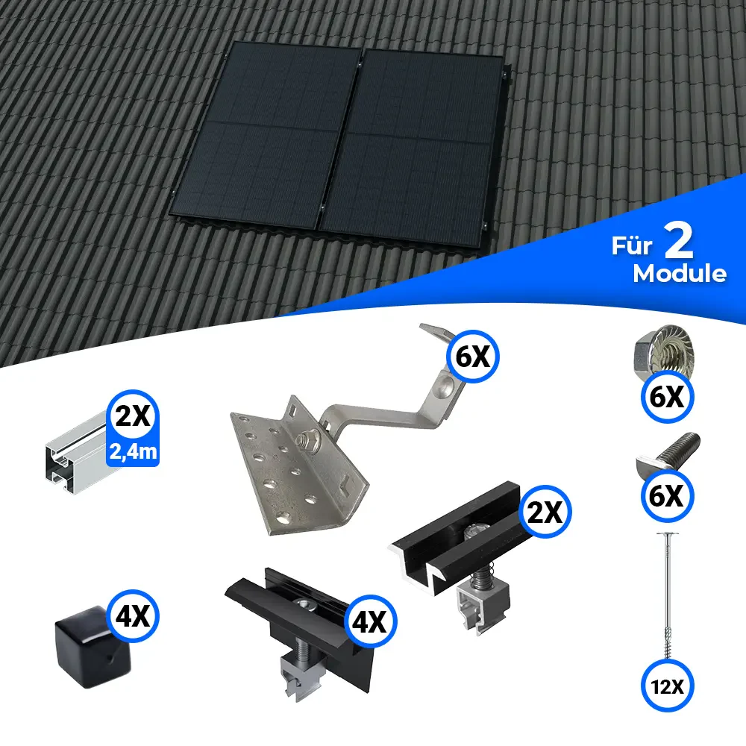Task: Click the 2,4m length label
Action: [133, 451]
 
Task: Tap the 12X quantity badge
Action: [667, 686]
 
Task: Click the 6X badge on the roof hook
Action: [472, 357]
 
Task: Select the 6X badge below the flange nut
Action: [667, 397]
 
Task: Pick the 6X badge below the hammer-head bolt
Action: [667, 496]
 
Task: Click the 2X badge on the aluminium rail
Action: [133, 416]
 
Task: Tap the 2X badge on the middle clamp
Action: [545, 512]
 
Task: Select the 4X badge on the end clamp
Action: [370, 621]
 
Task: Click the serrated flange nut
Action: [665, 351]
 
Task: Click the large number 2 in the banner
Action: [678, 241]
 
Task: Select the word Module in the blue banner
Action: [680, 274]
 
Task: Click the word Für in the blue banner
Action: [631, 245]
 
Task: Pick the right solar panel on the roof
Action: [412, 148]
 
